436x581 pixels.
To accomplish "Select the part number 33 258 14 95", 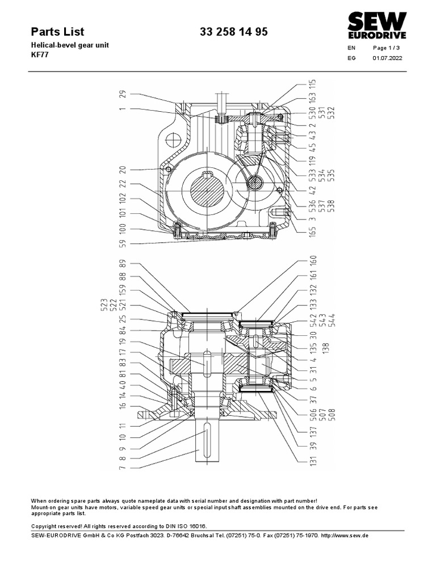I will click(233, 32).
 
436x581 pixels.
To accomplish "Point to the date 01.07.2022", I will click(387, 58).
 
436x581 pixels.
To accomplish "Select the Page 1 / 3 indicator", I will click(387, 48).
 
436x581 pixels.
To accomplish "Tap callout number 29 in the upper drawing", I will click(123, 94).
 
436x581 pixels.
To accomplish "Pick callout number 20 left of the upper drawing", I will click(123, 169).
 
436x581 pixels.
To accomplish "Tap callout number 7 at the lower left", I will click(123, 468).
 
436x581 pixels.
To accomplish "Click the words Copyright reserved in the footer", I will click(56, 526).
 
